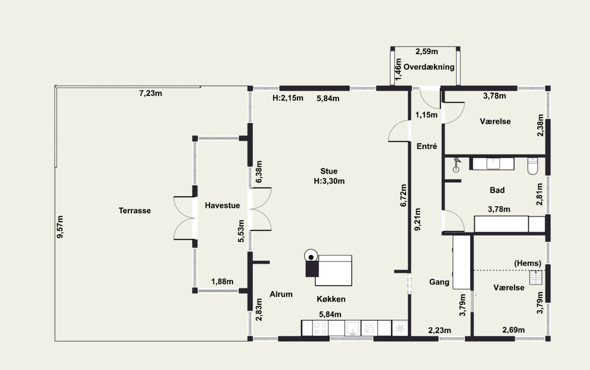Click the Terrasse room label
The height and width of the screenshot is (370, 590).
[x=135, y=210]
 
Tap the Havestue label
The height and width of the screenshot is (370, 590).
[x=222, y=205]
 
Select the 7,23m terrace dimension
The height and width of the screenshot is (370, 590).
[x=151, y=93]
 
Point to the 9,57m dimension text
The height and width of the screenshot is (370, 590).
[x=60, y=227]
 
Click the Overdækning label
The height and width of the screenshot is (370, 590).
[x=429, y=67]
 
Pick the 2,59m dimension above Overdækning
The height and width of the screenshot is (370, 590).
[x=427, y=51]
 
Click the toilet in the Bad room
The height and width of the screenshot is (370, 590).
[x=532, y=166]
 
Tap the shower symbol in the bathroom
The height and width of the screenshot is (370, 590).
[x=457, y=165]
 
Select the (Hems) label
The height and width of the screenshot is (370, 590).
[x=527, y=263]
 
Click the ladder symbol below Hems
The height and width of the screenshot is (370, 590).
[x=536, y=278]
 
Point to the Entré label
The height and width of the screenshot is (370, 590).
[x=427, y=146]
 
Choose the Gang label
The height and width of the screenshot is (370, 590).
[x=439, y=282]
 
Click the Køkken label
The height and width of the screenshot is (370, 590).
[x=331, y=299]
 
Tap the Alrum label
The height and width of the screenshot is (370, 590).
[x=281, y=294]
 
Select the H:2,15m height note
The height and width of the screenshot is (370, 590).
[x=288, y=98]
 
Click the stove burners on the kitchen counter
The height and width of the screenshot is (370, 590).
[x=320, y=328]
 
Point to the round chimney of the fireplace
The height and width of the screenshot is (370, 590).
[x=311, y=256]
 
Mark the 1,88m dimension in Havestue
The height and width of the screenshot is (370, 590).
[x=222, y=281]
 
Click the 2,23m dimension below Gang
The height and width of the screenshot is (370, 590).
[x=440, y=330]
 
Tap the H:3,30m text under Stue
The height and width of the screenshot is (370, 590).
[x=329, y=181]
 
